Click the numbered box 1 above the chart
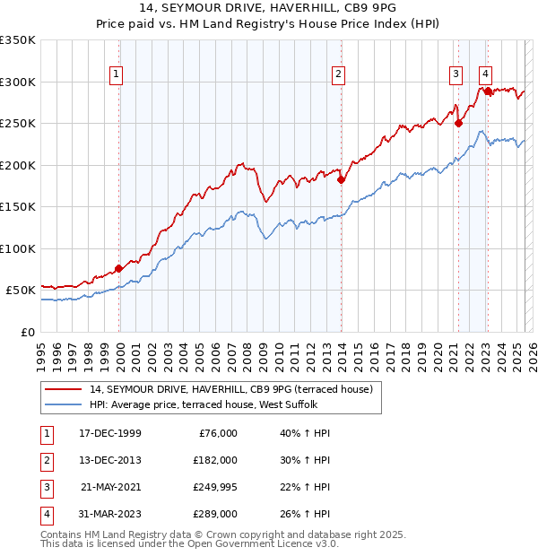(118, 74)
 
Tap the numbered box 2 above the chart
(338, 74)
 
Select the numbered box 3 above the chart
(456, 74)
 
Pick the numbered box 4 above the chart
(485, 74)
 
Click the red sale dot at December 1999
(118, 268)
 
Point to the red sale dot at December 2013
(341, 179)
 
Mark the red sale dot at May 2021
(458, 123)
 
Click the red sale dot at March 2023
(488, 91)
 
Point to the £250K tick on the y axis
(18, 123)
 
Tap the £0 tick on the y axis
(29, 332)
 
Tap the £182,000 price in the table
(215, 459)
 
